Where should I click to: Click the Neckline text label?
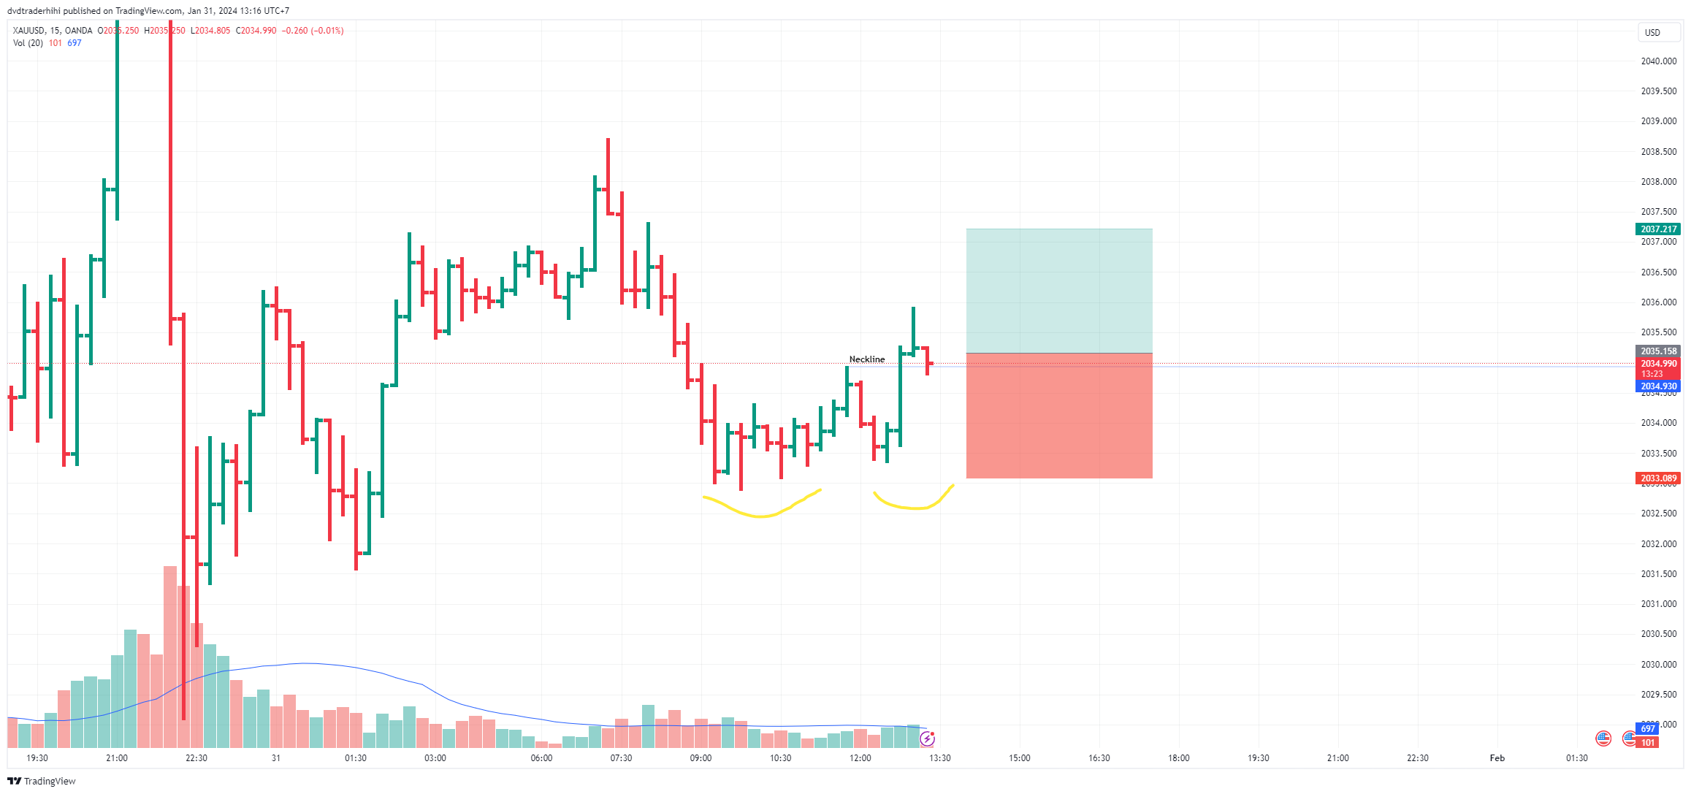click(866, 359)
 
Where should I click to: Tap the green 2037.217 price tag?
click(1657, 229)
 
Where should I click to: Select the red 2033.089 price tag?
click(1657, 478)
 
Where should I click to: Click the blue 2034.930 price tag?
click(1657, 386)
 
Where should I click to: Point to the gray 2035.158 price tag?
click(1657, 351)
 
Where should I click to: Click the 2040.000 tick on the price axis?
click(1658, 61)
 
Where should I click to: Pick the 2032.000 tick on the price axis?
click(1658, 544)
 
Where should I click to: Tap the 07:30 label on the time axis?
click(621, 758)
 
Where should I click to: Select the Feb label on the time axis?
click(1497, 758)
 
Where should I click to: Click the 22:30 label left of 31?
click(196, 758)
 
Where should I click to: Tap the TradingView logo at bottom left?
click(42, 781)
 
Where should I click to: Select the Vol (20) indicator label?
click(28, 43)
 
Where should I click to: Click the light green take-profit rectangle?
click(1058, 291)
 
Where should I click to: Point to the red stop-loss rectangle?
click(1058, 416)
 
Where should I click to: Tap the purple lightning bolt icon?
click(927, 738)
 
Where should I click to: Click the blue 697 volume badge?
click(1648, 729)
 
